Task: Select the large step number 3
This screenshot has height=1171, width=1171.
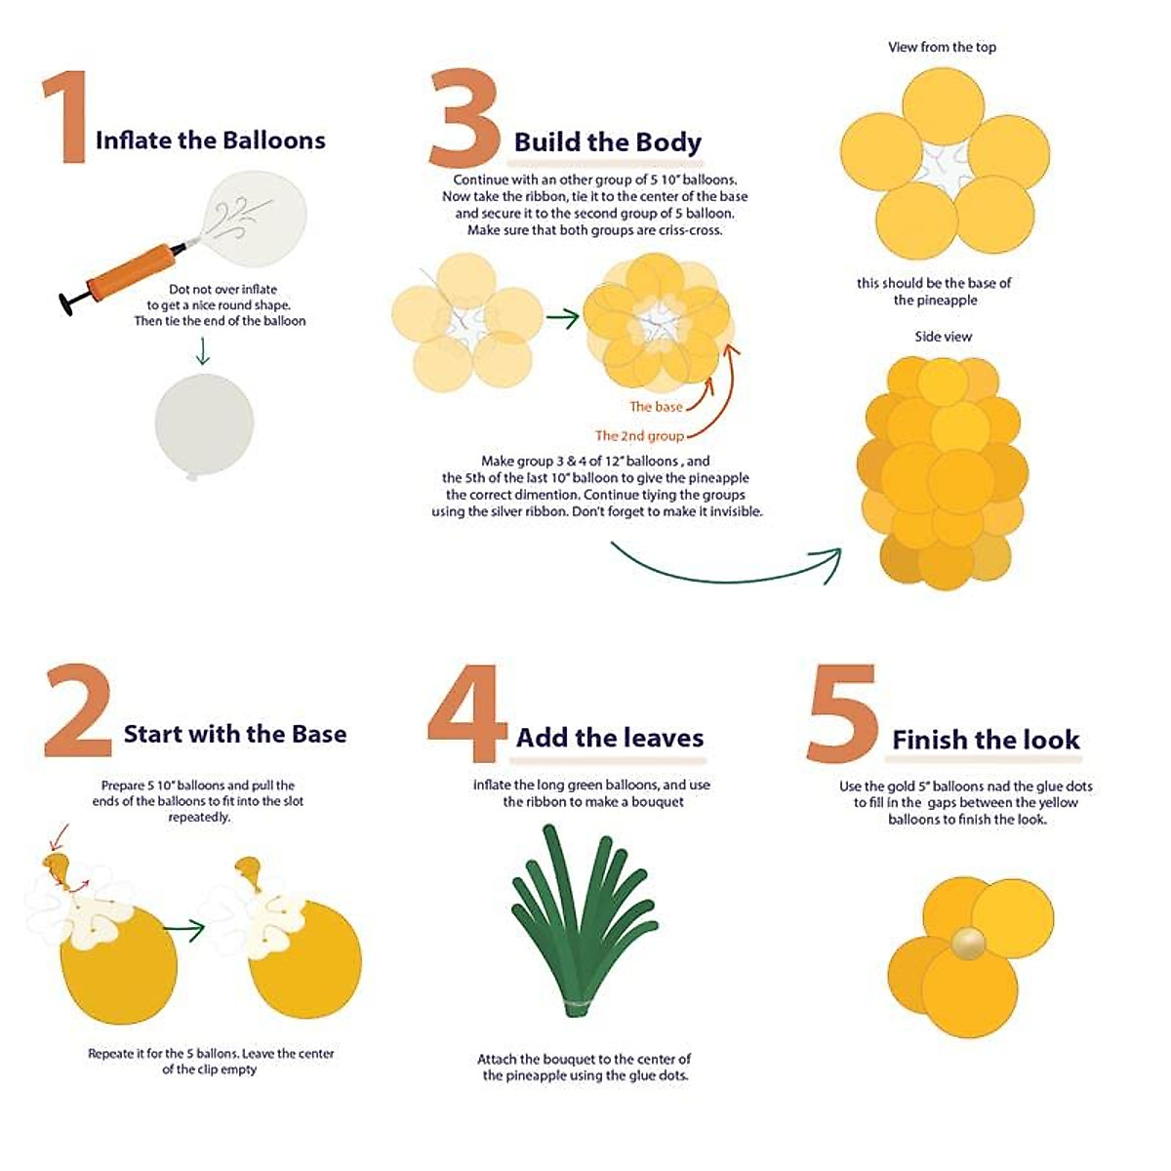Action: [464, 119]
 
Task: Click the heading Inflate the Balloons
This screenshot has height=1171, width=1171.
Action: [210, 141]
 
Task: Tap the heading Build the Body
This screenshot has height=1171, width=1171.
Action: [607, 142]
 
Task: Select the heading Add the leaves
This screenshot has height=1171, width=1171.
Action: [610, 738]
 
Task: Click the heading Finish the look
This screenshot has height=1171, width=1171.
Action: [986, 740]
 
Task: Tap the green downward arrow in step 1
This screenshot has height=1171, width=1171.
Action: [202, 351]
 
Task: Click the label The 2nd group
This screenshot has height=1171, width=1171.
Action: [639, 436]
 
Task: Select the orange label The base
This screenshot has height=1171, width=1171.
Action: [655, 407]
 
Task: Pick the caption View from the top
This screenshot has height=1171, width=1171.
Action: [942, 47]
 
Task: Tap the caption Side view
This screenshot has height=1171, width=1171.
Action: [943, 337]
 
